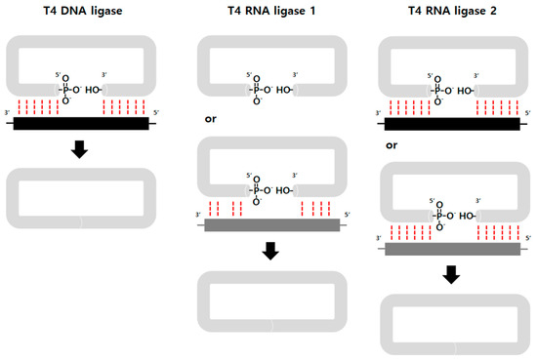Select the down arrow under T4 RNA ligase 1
tap(268, 251)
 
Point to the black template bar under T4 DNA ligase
tap(81, 124)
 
